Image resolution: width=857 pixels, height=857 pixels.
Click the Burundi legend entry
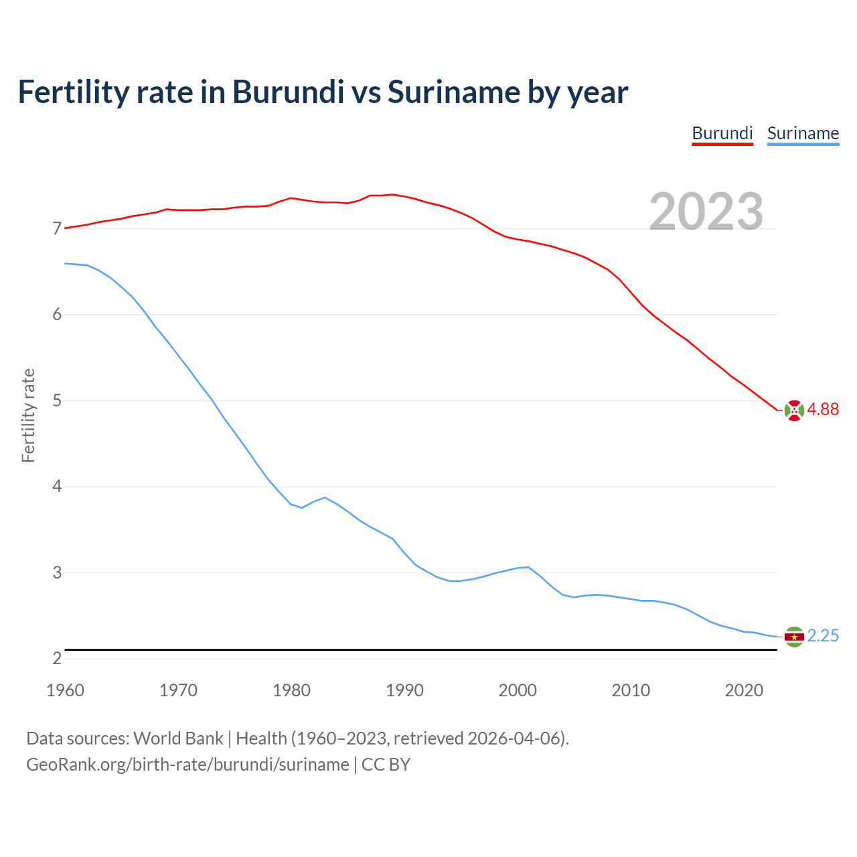point(722,133)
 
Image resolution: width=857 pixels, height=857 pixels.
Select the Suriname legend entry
point(803,133)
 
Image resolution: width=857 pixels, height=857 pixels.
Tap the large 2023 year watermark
point(706,212)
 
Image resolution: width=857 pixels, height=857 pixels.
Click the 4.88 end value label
point(823,409)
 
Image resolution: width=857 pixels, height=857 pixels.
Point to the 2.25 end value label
point(823,635)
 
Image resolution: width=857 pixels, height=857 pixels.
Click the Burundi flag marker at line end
point(794,410)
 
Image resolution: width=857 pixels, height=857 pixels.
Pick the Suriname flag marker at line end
point(794,637)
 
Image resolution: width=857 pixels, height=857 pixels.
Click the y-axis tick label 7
point(57,229)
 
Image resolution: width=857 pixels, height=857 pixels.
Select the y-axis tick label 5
point(57,401)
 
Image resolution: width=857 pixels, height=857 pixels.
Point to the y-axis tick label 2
point(57,659)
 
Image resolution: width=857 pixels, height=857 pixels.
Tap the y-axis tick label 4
point(57,487)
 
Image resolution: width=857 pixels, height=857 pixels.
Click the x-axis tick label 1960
point(65,690)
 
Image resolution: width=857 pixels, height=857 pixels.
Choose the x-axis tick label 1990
point(404,690)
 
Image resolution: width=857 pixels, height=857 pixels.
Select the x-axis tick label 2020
point(744,690)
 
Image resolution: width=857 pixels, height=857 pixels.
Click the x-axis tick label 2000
point(518,690)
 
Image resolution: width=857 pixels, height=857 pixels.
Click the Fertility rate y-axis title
point(28,415)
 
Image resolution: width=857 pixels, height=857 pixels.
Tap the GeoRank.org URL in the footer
point(187,765)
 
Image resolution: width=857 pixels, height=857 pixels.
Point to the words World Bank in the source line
point(178,738)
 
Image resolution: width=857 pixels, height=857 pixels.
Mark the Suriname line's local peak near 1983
point(325,497)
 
